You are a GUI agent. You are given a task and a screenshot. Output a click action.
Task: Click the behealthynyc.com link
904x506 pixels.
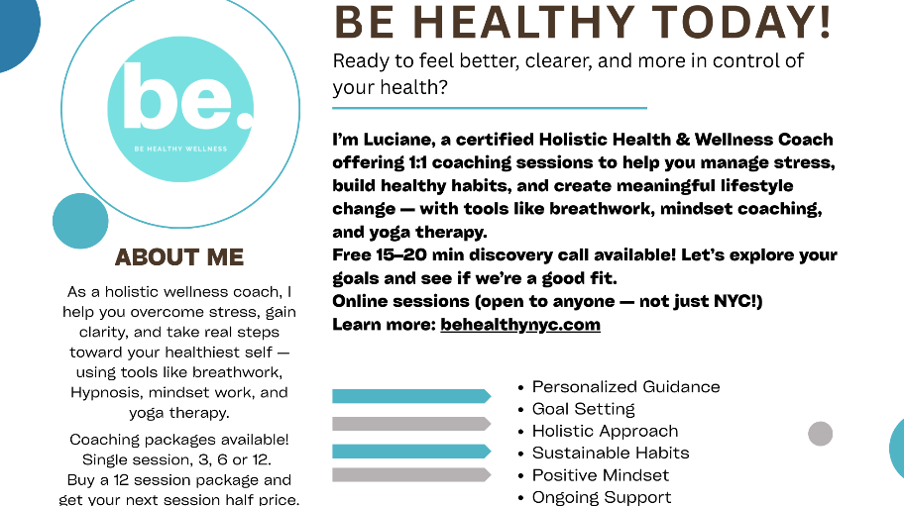pyautogui.click(x=520, y=324)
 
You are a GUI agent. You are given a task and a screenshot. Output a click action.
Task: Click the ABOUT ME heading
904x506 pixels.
pyautogui.click(x=179, y=257)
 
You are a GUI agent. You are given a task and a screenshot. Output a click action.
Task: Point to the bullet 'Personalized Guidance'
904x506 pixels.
pyautogui.click(x=625, y=386)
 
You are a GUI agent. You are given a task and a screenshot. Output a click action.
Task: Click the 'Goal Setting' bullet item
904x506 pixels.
pyautogui.click(x=583, y=409)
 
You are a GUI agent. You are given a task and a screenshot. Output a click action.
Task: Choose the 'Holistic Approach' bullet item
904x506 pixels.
pyautogui.click(x=605, y=431)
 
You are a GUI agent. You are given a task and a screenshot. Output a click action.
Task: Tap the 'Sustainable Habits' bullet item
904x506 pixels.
pyautogui.click(x=610, y=453)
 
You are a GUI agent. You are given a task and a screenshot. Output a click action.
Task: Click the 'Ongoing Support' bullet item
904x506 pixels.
pyautogui.click(x=601, y=497)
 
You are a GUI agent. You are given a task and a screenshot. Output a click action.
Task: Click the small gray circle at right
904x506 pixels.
pyautogui.click(x=820, y=433)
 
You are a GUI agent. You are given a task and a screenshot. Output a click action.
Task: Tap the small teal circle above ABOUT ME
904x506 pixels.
pyautogui.click(x=80, y=221)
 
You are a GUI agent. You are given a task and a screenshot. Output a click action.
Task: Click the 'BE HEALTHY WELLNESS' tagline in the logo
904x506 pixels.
pyautogui.click(x=180, y=149)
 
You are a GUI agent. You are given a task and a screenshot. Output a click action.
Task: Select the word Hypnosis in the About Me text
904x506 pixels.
pyautogui.click(x=106, y=392)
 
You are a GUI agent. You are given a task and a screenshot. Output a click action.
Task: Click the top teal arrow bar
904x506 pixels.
pyautogui.click(x=410, y=396)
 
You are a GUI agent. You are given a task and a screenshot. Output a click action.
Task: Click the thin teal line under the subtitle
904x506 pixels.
pyautogui.click(x=490, y=107)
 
